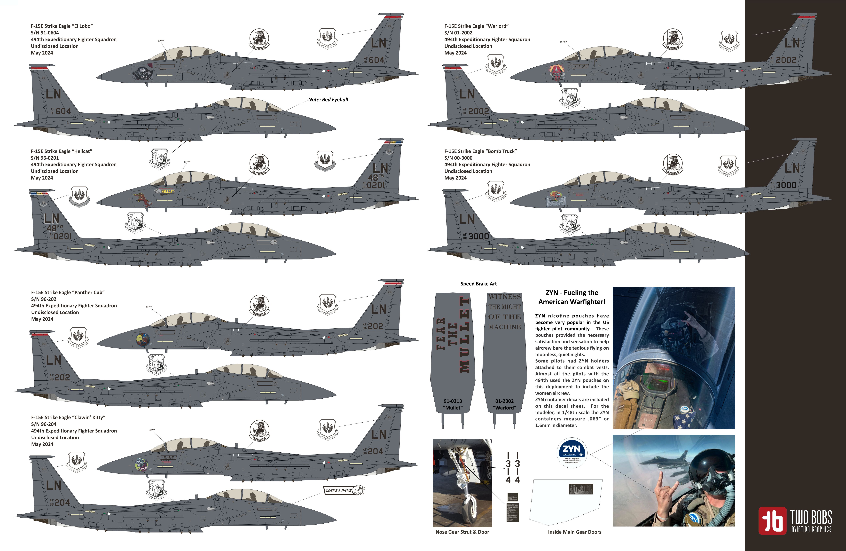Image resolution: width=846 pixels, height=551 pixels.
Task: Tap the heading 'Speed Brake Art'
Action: (478, 284)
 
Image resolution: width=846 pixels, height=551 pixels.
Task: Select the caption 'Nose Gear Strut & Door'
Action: (462, 532)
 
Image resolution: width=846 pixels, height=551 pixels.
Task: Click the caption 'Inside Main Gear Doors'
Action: (574, 532)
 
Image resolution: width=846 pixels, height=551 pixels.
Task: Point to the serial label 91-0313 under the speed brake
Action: (453, 401)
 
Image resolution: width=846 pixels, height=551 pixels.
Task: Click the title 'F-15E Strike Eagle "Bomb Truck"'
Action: (480, 151)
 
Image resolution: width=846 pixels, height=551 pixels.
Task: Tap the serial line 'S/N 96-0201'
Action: (45, 158)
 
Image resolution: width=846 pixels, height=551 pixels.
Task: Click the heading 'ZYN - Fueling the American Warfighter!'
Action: (572, 297)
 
